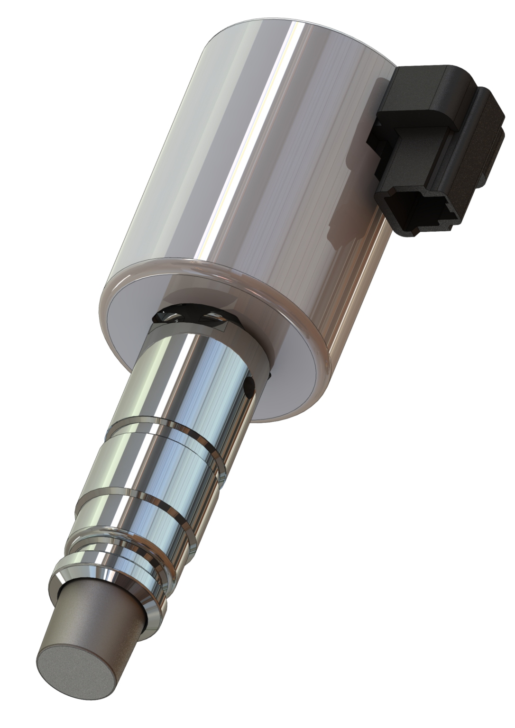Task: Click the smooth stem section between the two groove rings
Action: [x=156, y=464]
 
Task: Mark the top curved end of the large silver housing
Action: [x=285, y=28]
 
